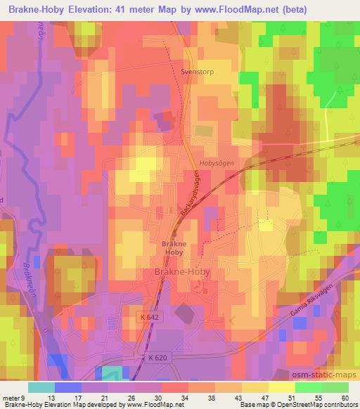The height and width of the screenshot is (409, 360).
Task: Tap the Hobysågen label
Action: coord(215,162)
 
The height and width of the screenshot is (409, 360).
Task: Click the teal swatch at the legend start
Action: coord(41,387)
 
